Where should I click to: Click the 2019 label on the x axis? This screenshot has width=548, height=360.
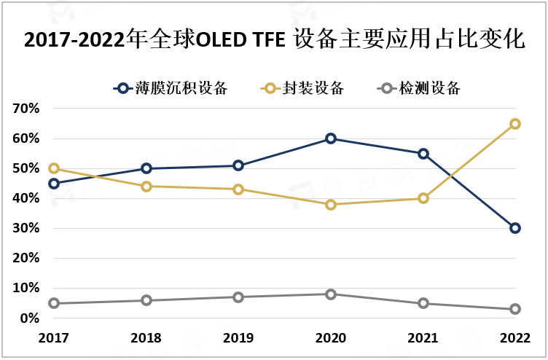tap(238, 338)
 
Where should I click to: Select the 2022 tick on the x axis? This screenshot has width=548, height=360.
tap(515, 338)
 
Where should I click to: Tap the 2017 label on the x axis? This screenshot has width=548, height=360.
tap(54, 338)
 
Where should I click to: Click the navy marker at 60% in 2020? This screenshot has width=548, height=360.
tap(331, 138)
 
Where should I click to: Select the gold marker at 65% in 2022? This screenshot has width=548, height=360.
tap(515, 124)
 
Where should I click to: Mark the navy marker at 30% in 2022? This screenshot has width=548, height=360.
tap(515, 228)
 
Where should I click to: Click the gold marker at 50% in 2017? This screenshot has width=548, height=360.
tap(54, 168)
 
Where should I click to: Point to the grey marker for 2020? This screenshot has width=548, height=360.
tap(331, 294)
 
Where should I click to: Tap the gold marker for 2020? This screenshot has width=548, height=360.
tap(331, 205)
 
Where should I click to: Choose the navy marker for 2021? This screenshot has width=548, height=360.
tap(423, 154)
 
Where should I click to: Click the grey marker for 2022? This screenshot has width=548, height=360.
tap(515, 309)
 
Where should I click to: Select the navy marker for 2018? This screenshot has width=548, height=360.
tap(146, 168)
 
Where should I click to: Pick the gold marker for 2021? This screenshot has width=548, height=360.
tap(423, 198)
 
